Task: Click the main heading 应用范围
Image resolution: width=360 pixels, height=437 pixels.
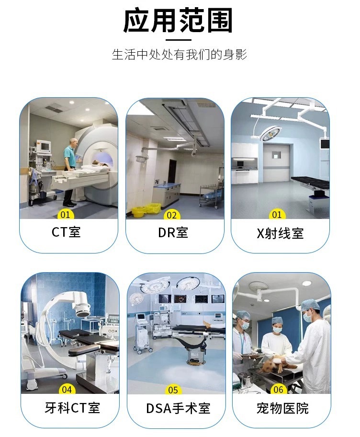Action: pos(178,20)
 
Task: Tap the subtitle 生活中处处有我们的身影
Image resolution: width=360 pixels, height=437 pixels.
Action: pos(180,54)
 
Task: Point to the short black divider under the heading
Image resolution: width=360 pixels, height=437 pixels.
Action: pos(179,40)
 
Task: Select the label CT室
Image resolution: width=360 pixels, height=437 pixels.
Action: pos(66,232)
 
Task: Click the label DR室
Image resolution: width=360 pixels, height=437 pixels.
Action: pos(173,232)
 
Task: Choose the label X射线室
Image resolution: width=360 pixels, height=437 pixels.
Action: pos(280,233)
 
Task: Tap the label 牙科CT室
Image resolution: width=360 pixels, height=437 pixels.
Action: pos(72,408)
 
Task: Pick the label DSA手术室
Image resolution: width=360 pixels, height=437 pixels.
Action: pos(178,408)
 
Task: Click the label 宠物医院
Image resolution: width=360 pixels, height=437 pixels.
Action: pos(282,408)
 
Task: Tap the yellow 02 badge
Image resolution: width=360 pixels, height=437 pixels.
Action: pos(172,215)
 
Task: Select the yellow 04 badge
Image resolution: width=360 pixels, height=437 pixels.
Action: pos(67,390)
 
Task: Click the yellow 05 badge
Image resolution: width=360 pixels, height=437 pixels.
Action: pos(173,390)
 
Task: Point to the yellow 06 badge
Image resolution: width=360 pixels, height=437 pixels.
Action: pos(279,390)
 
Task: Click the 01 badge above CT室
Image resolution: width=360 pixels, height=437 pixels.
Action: pos(66,214)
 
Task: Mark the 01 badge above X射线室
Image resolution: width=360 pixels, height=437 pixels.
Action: pos(277,214)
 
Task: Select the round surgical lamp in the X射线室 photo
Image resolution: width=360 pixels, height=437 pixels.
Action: pos(270,133)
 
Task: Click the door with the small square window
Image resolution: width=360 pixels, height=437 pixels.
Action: pos(277,162)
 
